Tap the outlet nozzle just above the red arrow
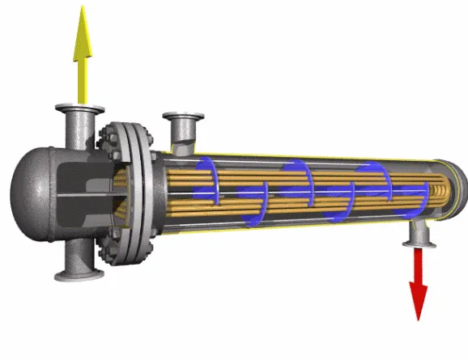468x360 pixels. (419, 234)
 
